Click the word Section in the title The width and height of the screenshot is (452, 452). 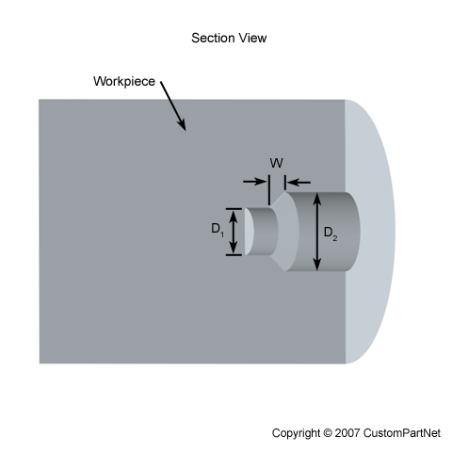[x=214, y=38]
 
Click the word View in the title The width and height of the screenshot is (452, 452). [x=252, y=38]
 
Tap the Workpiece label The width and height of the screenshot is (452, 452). [x=124, y=81]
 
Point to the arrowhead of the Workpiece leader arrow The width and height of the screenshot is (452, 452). [x=182, y=125]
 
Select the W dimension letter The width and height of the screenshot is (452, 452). [x=277, y=163]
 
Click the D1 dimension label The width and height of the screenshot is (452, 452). [x=218, y=230]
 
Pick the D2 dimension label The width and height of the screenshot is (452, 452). [x=331, y=234]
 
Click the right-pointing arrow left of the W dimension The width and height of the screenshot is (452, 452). [x=255, y=182]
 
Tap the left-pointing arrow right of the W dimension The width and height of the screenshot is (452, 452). [x=299, y=182]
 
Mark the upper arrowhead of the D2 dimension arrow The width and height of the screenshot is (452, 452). [x=317, y=199]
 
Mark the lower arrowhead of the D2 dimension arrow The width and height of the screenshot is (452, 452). [x=317, y=265]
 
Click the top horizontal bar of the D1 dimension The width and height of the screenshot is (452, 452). [x=234, y=209]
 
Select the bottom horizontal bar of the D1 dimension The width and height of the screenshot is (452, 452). [x=234, y=255]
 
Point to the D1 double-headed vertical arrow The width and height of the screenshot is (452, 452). [x=234, y=232]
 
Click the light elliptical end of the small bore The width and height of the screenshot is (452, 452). [x=249, y=232]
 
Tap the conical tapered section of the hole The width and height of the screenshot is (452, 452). [x=286, y=232]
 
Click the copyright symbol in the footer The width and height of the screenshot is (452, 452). [x=327, y=433]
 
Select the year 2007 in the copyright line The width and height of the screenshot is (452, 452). [x=347, y=433]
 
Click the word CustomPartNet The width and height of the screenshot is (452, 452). [x=402, y=433]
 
